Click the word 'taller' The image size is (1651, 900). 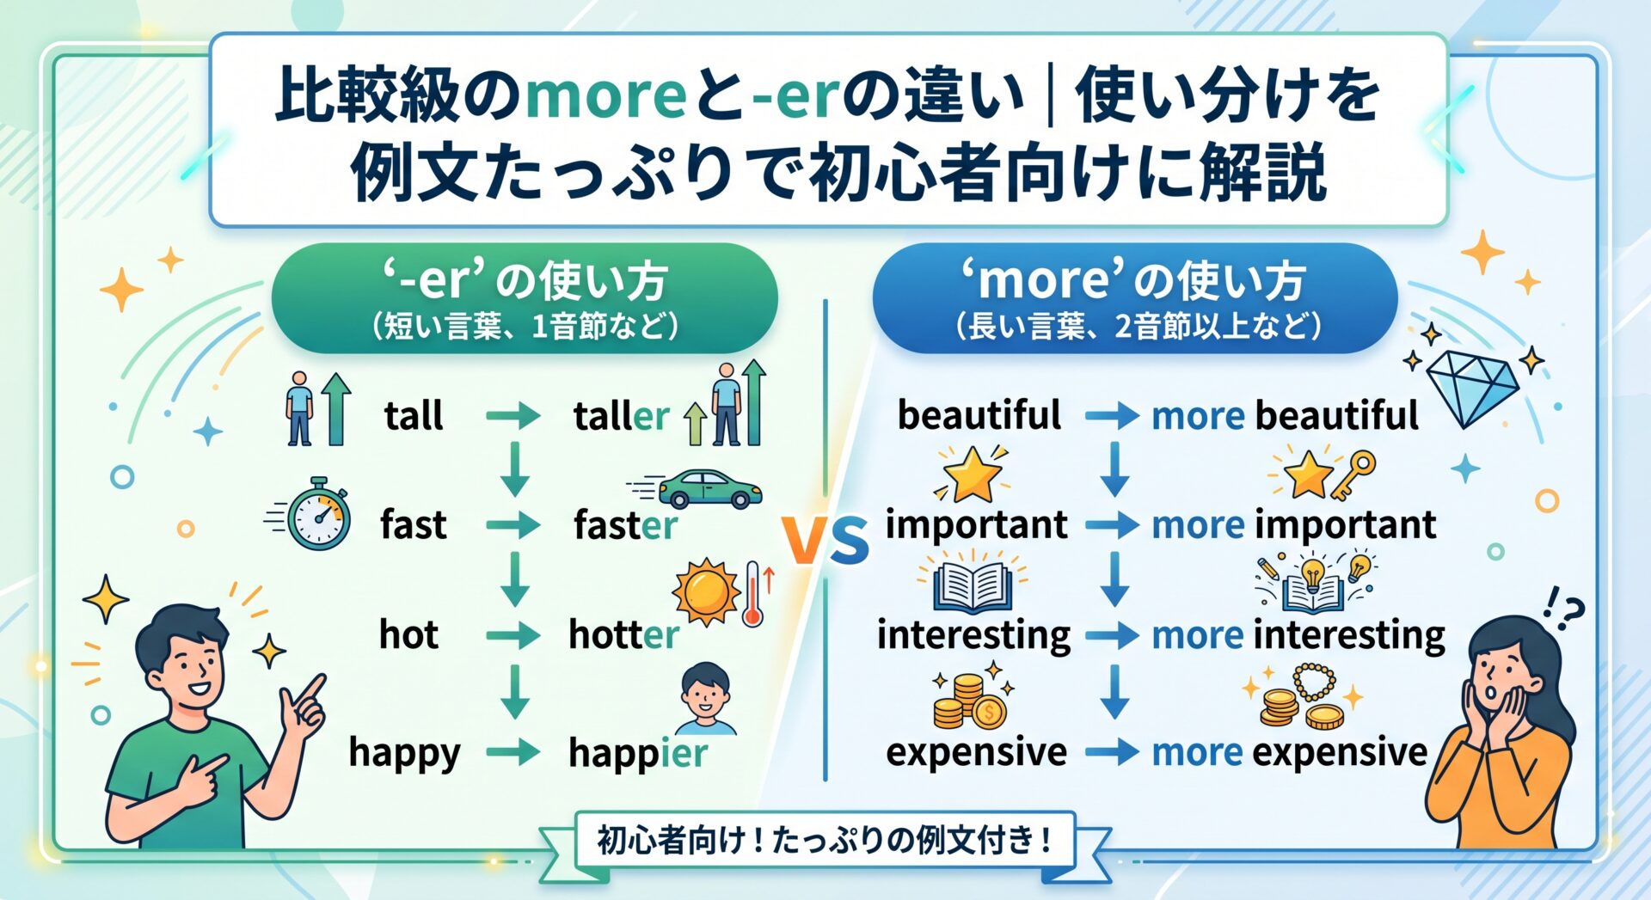click(621, 416)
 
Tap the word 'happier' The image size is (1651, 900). click(638, 754)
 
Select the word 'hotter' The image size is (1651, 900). click(623, 634)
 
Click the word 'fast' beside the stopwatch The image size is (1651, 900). click(414, 524)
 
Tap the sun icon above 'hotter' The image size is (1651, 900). click(706, 592)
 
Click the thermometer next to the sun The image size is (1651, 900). click(753, 594)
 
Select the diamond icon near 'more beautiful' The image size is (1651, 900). click(1471, 388)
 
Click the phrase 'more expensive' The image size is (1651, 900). click(1289, 752)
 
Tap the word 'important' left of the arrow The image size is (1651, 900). click(976, 524)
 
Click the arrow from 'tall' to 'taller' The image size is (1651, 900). click(513, 417)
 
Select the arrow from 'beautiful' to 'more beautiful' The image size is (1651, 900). click(1112, 417)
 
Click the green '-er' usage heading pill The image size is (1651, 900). click(525, 298)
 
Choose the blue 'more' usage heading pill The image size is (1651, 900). click(1135, 298)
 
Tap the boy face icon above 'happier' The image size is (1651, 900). click(706, 698)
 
